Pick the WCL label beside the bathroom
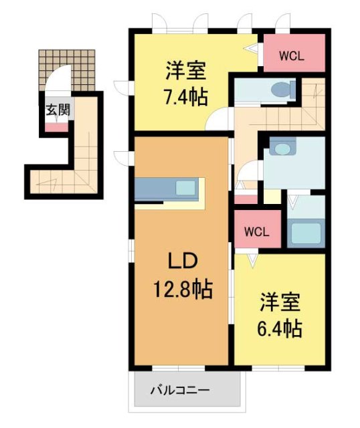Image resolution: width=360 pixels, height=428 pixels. click(256, 232)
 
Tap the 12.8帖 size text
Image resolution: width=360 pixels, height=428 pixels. click(180, 290)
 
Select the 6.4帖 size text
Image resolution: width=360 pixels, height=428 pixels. click(280, 328)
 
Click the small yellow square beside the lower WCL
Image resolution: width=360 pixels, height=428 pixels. click(272, 197)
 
